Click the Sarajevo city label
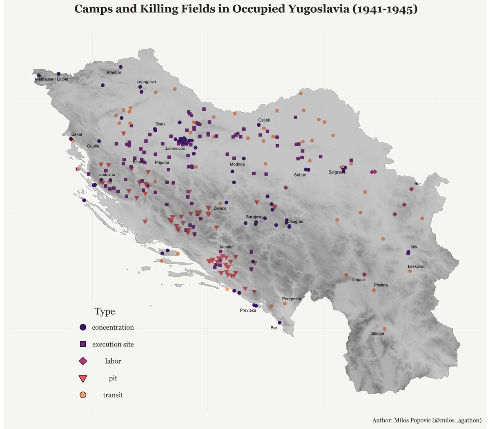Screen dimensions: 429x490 [x=254, y=217]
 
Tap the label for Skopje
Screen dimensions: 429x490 [x=377, y=334]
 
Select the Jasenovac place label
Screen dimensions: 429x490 [x=175, y=148]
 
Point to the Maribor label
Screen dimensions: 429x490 [x=114, y=72]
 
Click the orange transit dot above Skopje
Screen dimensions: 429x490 [x=384, y=328]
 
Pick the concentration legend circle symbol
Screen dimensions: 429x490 [x=83, y=327]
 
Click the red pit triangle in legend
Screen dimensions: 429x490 [x=83, y=378]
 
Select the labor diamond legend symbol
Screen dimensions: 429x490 [x=83, y=361]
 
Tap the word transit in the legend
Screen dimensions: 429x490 [x=113, y=395]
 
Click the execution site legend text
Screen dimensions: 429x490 [x=113, y=344]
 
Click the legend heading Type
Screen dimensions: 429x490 [x=105, y=312]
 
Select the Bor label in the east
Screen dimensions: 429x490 [x=417, y=184]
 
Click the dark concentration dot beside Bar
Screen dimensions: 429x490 [x=279, y=323]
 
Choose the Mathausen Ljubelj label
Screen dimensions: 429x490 [x=52, y=79]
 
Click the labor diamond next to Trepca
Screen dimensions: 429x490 [x=364, y=275]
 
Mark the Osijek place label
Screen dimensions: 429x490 [x=264, y=120]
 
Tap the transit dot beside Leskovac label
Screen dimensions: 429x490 [x=410, y=271]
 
